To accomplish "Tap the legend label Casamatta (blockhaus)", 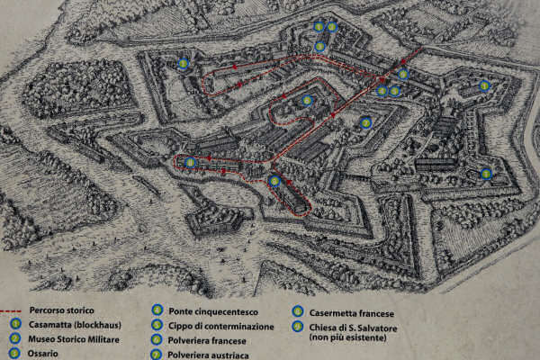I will coord(73,324).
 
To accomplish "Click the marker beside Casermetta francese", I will coord(298,312).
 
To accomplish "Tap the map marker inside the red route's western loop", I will coord(190,162).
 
